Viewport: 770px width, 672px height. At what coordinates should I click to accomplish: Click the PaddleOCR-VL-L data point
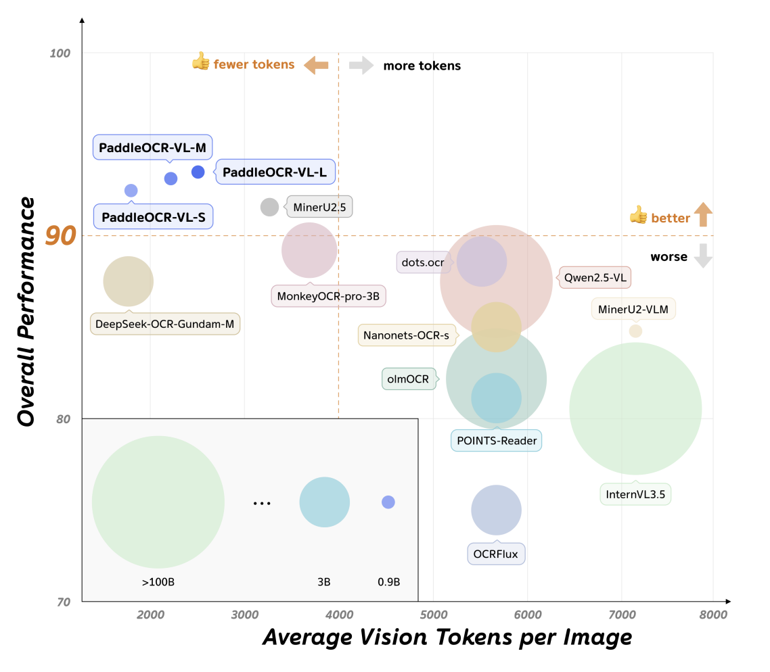point(198,172)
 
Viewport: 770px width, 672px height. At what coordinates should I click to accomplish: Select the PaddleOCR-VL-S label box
point(153,218)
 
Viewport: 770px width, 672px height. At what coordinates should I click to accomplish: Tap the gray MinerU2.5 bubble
point(269,207)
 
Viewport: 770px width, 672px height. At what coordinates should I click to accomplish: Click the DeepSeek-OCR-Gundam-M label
point(165,324)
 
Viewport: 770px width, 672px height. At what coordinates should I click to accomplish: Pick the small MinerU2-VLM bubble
point(635,331)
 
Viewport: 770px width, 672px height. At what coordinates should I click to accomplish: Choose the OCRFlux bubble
point(496,510)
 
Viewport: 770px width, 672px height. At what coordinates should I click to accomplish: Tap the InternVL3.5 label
point(635,494)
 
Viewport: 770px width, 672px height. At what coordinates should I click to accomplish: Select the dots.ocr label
point(422,262)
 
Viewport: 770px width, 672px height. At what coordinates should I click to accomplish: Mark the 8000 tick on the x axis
point(714,615)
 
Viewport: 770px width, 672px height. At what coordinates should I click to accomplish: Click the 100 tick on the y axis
point(61,53)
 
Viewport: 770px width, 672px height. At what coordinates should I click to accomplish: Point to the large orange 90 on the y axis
point(60,235)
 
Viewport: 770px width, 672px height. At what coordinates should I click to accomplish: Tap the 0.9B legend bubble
point(388,502)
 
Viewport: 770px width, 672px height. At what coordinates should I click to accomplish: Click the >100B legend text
point(158,581)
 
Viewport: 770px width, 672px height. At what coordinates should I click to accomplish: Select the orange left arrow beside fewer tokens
point(316,65)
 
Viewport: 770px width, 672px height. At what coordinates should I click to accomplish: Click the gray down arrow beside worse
point(704,256)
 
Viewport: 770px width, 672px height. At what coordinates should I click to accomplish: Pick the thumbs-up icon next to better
point(638,215)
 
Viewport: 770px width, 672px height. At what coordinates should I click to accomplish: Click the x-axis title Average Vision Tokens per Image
point(447,637)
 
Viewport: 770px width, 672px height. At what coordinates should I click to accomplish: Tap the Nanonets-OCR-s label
point(406,335)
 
